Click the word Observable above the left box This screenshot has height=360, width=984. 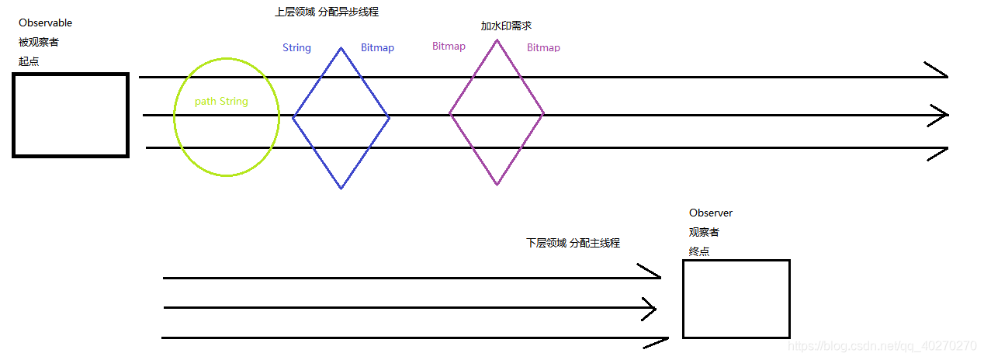pyautogui.click(x=45, y=23)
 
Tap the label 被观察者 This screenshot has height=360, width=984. pyautogui.click(x=39, y=42)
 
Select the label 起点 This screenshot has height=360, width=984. pyautogui.click(x=29, y=61)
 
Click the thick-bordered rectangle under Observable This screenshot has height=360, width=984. pyautogui.click(x=71, y=115)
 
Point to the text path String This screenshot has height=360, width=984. pyautogui.click(x=221, y=102)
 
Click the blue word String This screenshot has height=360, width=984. pyautogui.click(x=296, y=48)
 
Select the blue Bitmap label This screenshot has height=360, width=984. pyautogui.click(x=377, y=48)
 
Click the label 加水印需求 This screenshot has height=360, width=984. pyautogui.click(x=506, y=26)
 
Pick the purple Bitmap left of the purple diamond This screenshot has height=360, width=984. pyautogui.click(x=449, y=47)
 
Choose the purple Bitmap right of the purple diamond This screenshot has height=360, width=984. pyautogui.click(x=543, y=48)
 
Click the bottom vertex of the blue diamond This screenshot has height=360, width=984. pyautogui.click(x=341, y=188)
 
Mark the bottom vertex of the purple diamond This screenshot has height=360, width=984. pyautogui.click(x=497, y=185)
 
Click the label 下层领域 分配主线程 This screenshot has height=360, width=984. pyautogui.click(x=573, y=243)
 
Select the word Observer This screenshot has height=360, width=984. pyautogui.click(x=710, y=213)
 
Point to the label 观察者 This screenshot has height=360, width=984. pyautogui.click(x=704, y=232)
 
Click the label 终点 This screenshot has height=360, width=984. pyautogui.click(x=699, y=251)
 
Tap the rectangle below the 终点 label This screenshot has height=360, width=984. pyautogui.click(x=736, y=299)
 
